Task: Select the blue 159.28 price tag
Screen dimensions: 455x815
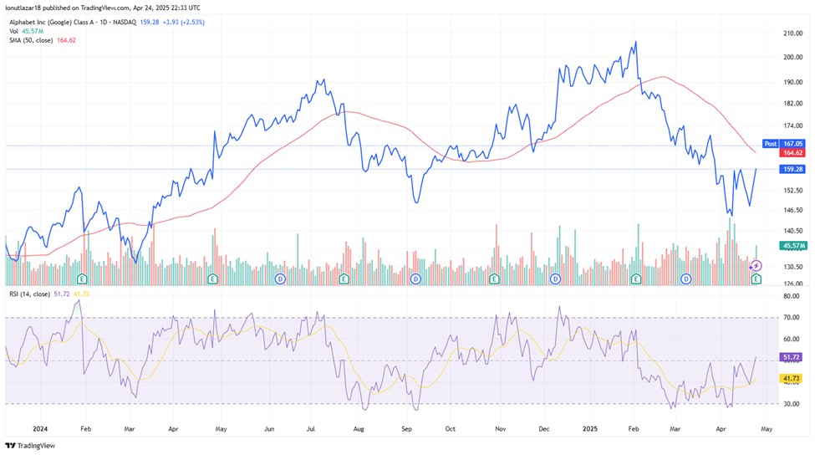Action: (792, 169)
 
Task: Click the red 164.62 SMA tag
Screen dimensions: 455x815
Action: (792, 153)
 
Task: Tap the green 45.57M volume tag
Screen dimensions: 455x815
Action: (792, 245)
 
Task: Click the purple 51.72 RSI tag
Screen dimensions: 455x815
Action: (792, 357)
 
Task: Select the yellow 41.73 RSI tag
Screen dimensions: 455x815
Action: (792, 379)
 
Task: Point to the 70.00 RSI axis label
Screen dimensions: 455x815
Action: (790, 318)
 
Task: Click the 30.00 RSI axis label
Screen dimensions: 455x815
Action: (790, 403)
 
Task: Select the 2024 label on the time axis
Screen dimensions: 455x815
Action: (38, 428)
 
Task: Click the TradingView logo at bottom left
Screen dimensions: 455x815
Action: (32, 445)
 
